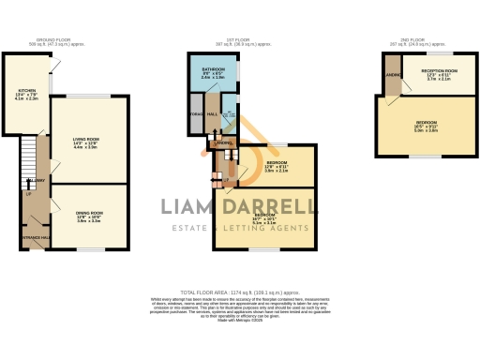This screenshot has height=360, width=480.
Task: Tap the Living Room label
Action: click(x=86, y=143)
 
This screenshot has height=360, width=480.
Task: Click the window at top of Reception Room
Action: click(x=437, y=53)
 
